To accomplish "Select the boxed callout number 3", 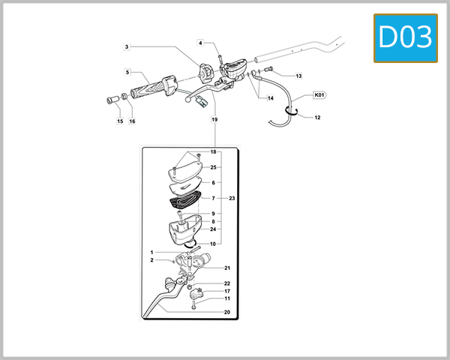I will pos(127,47).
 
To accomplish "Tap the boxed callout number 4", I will pos(201,43).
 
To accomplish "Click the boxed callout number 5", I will pos(128,73).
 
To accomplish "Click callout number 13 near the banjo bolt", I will pos(298,76).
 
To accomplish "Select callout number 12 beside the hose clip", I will pos(317,118).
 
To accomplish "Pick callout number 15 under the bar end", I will pos(119,121).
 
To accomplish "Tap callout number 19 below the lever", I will pos(214,120).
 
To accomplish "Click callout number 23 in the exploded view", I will pos(232,199).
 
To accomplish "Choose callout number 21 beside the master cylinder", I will pos(227,268).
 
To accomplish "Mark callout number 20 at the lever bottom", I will pos(227,312).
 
